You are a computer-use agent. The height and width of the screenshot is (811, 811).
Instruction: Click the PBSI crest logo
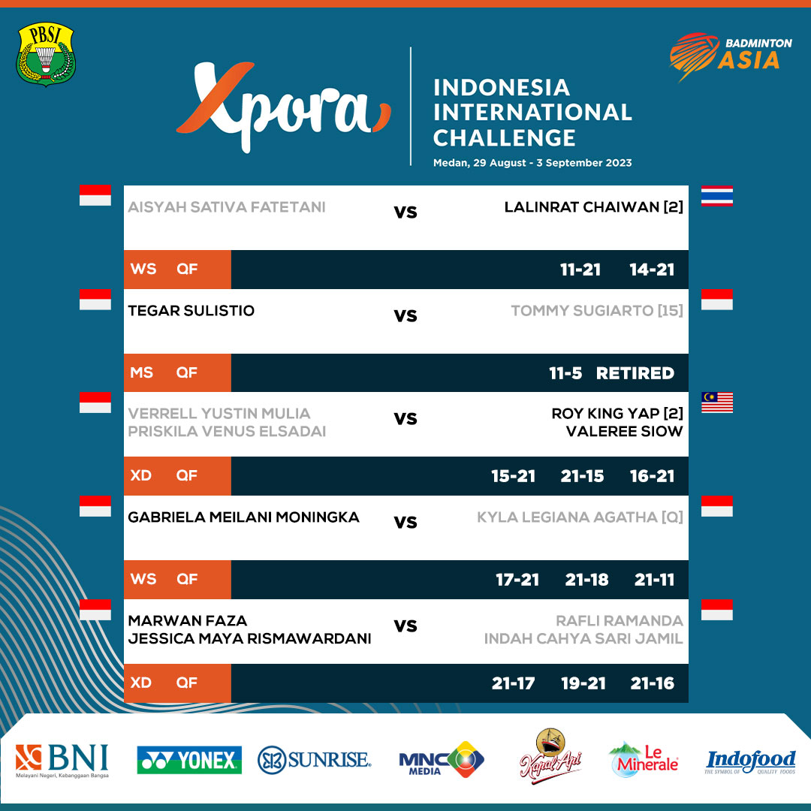coord(46,54)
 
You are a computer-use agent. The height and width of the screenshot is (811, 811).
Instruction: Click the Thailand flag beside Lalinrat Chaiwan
coord(716,196)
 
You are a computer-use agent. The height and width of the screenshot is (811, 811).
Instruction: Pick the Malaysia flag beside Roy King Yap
coord(716,402)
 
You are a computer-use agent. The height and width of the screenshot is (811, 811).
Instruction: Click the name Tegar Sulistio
coord(191,311)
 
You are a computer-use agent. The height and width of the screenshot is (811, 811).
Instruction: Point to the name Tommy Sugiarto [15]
coord(597,311)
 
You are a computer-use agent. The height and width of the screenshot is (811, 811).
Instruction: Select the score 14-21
coord(652,270)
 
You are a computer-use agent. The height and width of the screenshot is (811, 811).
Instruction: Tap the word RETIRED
coord(635,373)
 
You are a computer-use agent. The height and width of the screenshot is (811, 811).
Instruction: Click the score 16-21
coord(652,476)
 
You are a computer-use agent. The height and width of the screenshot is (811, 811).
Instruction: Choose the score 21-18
coord(586,580)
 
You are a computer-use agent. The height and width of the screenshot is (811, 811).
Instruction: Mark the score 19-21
coord(583,683)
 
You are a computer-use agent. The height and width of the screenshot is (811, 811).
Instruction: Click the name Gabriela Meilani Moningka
coord(243,517)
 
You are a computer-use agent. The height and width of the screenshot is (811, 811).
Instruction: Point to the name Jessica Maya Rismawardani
coord(249,639)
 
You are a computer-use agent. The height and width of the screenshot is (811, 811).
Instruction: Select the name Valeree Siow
coord(625,431)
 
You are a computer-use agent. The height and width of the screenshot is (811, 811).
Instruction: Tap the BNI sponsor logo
coord(62,760)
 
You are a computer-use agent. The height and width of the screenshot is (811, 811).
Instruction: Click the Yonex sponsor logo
coord(189,760)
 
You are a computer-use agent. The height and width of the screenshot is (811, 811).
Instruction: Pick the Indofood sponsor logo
coord(750,761)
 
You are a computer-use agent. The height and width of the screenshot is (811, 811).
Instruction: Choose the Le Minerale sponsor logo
coord(644,759)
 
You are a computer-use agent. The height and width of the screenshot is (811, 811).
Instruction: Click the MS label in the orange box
coord(141,373)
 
